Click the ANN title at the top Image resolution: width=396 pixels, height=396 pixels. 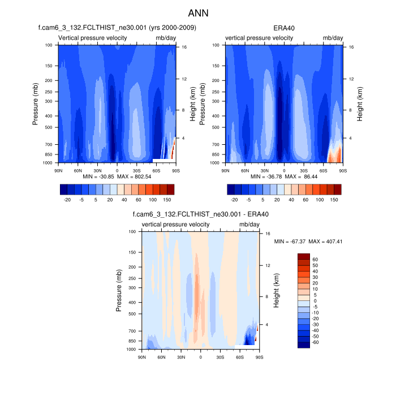click(x=198, y=12)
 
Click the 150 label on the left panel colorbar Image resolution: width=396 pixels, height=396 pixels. click(x=167, y=200)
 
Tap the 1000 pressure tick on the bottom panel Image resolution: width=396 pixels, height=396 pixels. click(x=130, y=350)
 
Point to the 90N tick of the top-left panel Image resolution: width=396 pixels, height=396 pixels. click(x=58, y=170)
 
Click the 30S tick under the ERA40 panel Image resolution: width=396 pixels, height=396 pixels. click(x=303, y=170)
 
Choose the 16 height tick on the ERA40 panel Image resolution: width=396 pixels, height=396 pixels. click(x=351, y=47)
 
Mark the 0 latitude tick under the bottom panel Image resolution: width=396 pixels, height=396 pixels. click(x=201, y=357)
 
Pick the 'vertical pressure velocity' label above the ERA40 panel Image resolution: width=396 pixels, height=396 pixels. click(x=260, y=38)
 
